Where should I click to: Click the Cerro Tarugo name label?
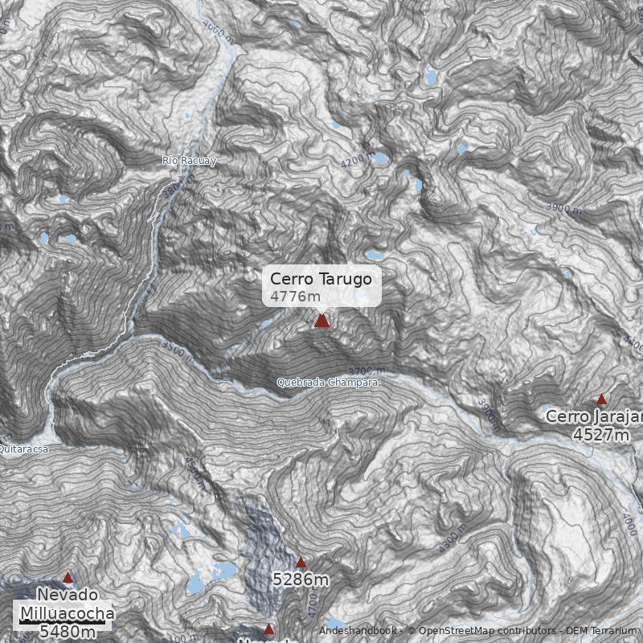pyautogui.click(x=321, y=279)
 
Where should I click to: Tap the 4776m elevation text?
pyautogui.click(x=295, y=297)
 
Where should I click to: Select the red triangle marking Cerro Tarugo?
pyautogui.click(x=321, y=321)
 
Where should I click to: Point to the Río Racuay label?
pyautogui.click(x=189, y=161)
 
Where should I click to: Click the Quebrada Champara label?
pyautogui.click(x=326, y=383)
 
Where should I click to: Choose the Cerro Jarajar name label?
pyautogui.click(x=594, y=417)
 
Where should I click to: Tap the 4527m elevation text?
pyautogui.click(x=600, y=435)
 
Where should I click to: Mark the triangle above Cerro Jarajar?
pyautogui.click(x=601, y=399)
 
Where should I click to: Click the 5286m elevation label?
pyautogui.click(x=301, y=580)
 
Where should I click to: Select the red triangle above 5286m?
pyautogui.click(x=301, y=563)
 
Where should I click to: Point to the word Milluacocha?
pyautogui.click(x=68, y=614)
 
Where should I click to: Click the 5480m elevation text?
pyautogui.click(x=68, y=632)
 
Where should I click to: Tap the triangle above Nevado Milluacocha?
pyautogui.click(x=68, y=577)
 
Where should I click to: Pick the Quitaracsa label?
pyautogui.click(x=23, y=449)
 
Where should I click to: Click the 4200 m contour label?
pyautogui.click(x=358, y=161)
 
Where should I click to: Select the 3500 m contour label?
pyautogui.click(x=178, y=350)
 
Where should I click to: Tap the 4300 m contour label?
pyautogui.click(x=453, y=539)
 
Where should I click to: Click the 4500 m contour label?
pyautogui.click(x=195, y=473)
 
